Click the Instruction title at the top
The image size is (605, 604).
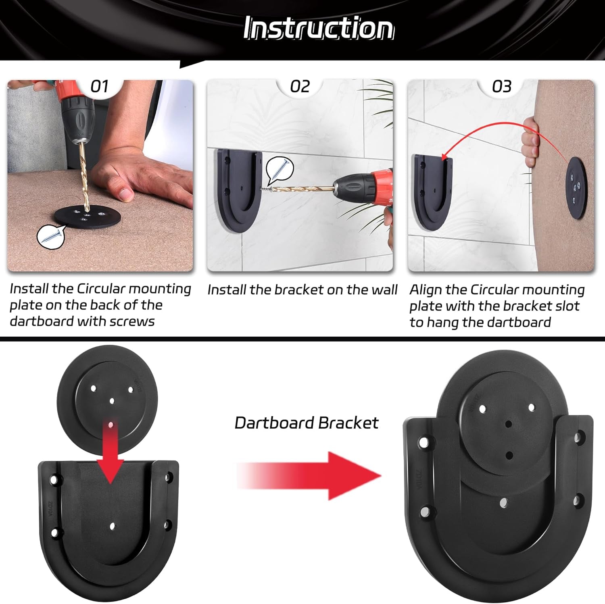coord(318,28)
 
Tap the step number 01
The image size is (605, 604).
coord(99,86)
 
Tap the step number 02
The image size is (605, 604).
coord(300,86)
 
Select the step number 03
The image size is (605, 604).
coord(501,86)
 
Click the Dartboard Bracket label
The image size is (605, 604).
coord(307,423)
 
